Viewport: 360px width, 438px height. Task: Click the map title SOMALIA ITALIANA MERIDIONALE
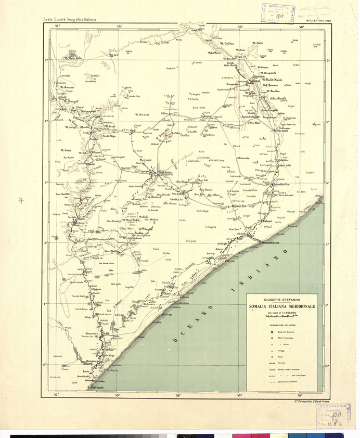(284, 307)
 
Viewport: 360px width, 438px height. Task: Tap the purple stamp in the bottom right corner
(334, 417)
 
